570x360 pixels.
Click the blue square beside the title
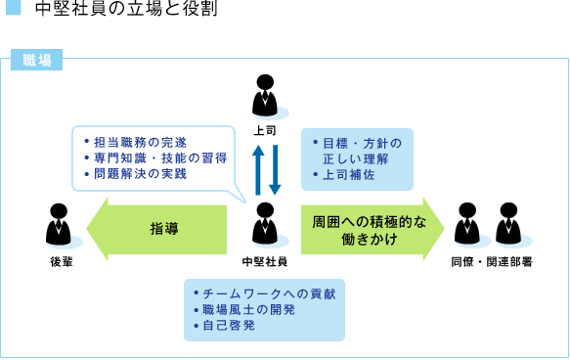click(x=12, y=11)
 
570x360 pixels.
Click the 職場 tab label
click(x=36, y=59)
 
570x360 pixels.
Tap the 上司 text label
click(x=265, y=129)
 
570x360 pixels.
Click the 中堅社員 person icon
click(x=265, y=225)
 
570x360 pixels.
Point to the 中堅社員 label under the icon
click(x=265, y=261)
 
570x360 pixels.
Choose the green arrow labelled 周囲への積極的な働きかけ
click(x=372, y=229)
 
